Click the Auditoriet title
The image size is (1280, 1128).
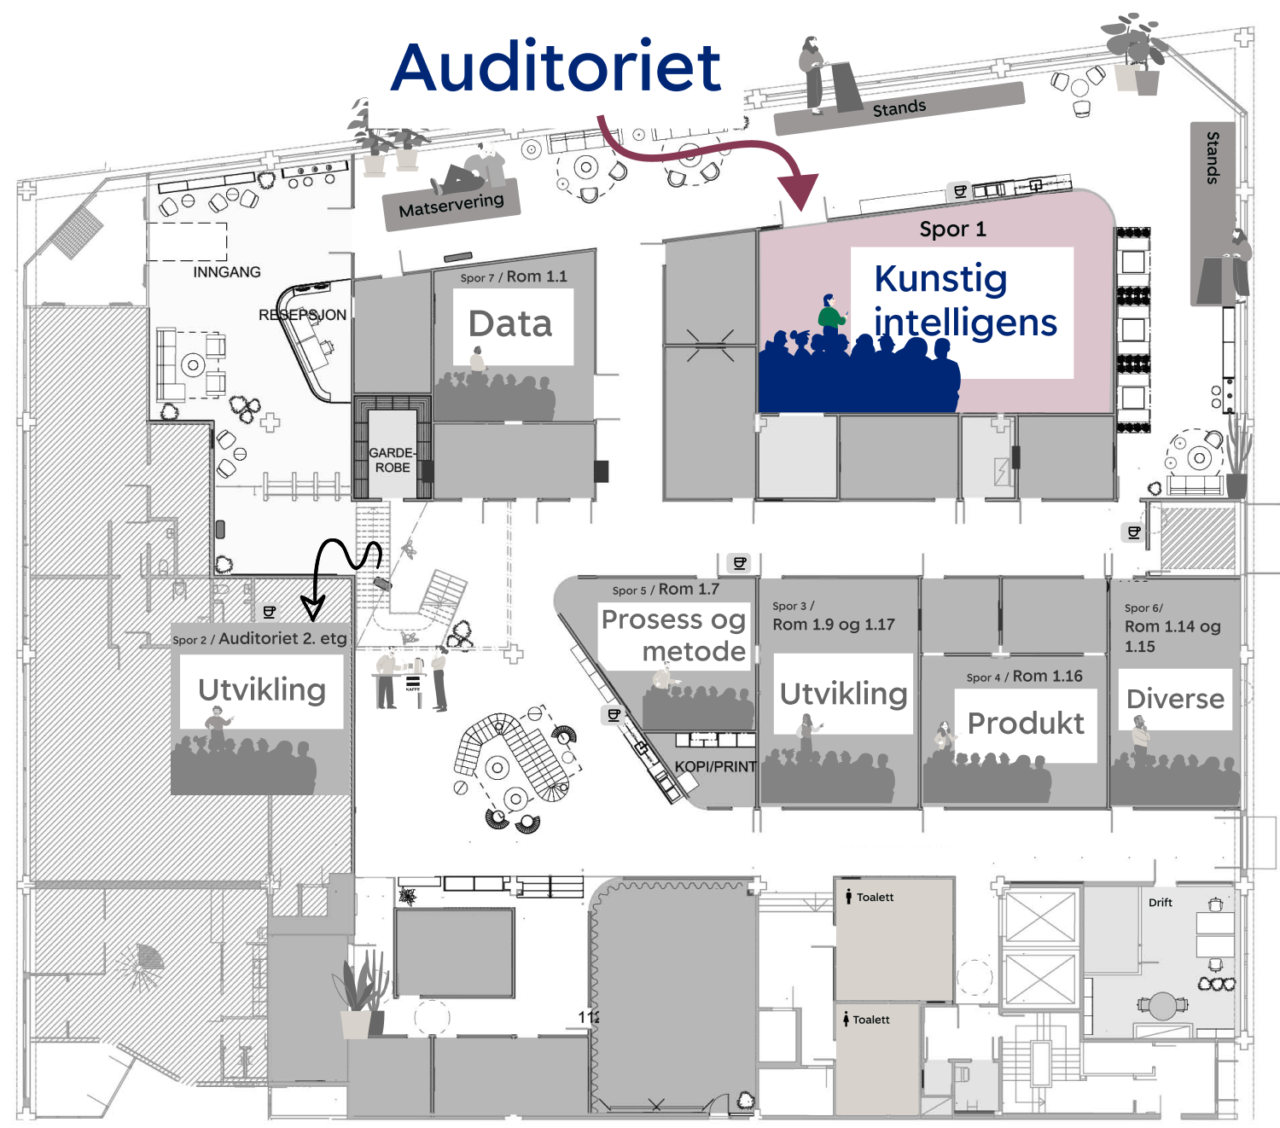[556, 67]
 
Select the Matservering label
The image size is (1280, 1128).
[451, 205]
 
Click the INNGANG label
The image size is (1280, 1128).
[226, 272]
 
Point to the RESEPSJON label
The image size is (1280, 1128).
[302, 315]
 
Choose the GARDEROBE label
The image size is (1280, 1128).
[393, 460]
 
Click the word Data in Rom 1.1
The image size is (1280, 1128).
[510, 324]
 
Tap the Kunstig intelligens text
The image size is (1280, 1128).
[964, 301]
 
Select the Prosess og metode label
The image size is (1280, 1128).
[674, 635]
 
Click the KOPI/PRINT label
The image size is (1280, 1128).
[715, 766]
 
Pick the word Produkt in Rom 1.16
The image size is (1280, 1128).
[1025, 724]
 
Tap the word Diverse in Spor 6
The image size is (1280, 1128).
[1175, 699]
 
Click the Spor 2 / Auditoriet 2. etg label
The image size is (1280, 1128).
[259, 638]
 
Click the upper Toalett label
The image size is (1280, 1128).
[875, 897]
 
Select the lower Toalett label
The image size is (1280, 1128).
[870, 1020]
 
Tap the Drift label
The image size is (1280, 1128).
[1160, 903]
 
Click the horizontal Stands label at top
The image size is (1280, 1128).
[899, 108]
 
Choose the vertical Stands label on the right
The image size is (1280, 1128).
[1213, 158]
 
